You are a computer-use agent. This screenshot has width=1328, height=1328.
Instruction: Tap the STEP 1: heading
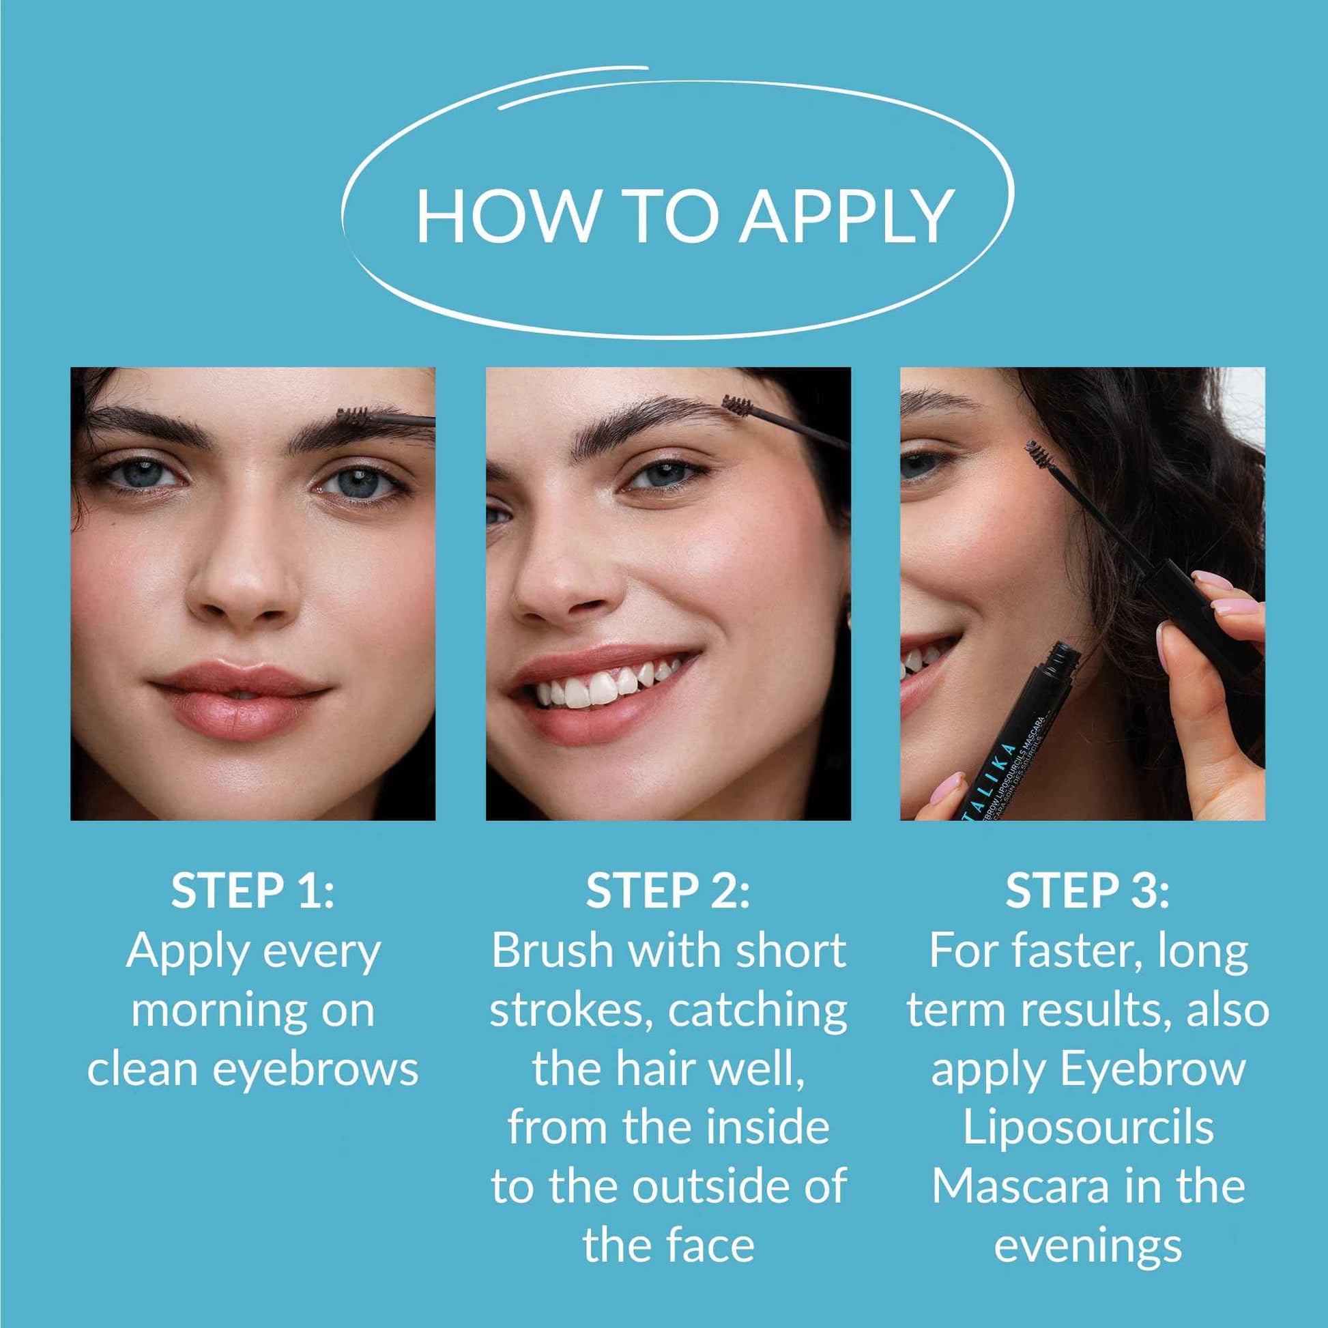pos(252,891)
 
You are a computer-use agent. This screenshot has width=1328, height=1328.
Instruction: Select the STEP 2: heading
pos(667,891)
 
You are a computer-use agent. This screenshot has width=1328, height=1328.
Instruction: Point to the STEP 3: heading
pos(1086,891)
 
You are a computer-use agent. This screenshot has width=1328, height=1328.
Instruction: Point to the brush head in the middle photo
pos(737,405)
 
